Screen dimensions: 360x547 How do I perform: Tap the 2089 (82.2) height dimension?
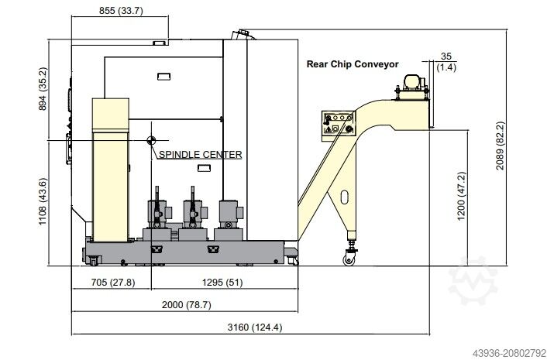point(501,146)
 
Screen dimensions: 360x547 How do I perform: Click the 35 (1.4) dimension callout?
point(445,62)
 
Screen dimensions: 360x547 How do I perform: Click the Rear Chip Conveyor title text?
point(353,64)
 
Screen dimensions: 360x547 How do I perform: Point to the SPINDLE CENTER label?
point(201,154)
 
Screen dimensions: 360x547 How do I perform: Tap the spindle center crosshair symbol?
point(151,140)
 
